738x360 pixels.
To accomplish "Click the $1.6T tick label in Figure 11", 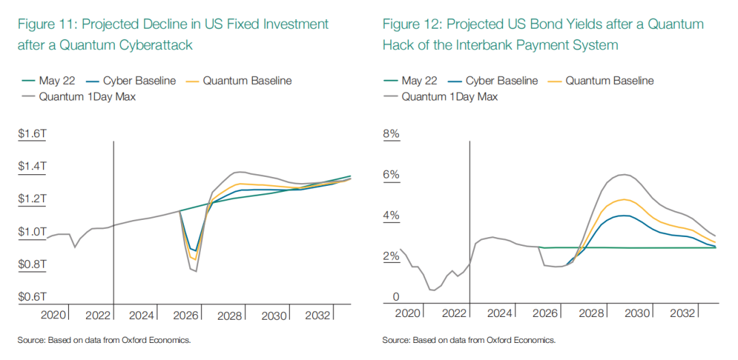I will pos(33,135).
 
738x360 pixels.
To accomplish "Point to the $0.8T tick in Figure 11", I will pos(33,264).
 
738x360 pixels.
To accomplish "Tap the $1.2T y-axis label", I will pos(33,199).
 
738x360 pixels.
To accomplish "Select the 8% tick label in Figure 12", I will pos(392,135).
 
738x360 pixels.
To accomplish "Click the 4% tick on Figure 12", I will pos(392,217).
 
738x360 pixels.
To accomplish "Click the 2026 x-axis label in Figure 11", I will pos(186,316).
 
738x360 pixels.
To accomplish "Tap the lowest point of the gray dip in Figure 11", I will pos(195,271).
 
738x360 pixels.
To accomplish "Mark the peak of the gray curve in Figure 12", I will pos(623,175).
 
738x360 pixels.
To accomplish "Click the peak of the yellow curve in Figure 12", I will pos(623,199).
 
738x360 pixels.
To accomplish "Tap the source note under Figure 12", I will pos(469,340).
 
